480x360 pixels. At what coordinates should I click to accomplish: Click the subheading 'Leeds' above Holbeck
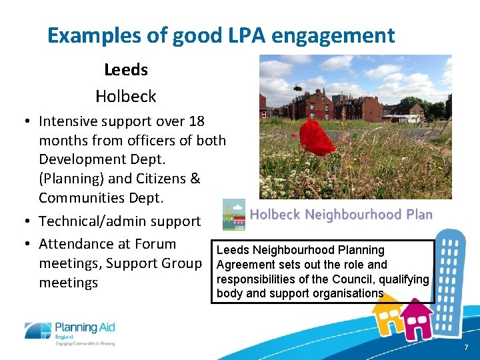125,69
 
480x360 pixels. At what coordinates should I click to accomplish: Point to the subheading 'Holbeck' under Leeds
125,96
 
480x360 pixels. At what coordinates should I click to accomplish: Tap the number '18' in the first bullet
197,121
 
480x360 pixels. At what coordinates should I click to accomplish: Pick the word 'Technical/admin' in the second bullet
90,221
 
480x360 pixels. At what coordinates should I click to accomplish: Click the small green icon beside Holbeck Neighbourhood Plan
233,215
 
